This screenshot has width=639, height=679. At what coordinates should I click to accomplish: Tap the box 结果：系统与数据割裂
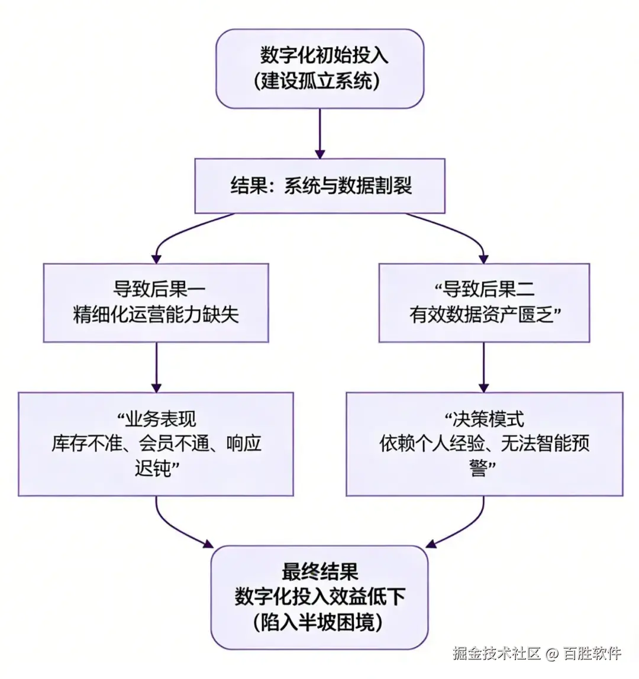319,186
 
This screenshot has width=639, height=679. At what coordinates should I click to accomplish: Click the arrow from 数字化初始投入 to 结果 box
319,133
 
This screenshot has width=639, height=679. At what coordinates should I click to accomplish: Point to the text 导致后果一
156,289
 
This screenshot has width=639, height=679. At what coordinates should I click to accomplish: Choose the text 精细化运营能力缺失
156,315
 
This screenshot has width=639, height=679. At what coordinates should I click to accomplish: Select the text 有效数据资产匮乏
480,315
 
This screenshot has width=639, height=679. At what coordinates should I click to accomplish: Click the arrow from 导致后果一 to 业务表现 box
156,367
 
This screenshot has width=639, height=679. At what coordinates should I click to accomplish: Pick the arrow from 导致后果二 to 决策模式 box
484,367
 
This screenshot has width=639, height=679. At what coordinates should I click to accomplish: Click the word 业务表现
160,419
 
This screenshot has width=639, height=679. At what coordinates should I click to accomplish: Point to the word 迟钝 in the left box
153,468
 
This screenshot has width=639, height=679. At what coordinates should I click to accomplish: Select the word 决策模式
488,419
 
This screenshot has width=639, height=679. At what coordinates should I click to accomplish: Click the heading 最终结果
319,572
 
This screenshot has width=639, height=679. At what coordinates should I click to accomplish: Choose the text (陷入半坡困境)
319,622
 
